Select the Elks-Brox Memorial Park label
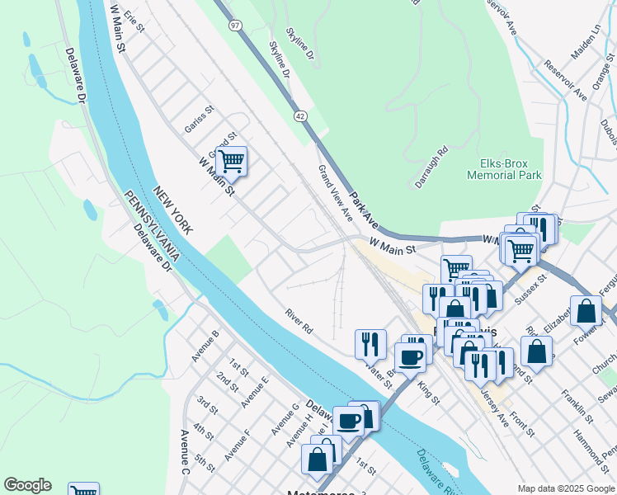[x=504, y=169]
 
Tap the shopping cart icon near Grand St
[x=232, y=160]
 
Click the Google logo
[x=27, y=485]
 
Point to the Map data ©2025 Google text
[x=565, y=488]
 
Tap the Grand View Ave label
[x=336, y=193]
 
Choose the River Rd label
[x=299, y=321]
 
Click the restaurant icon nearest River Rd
[x=370, y=342]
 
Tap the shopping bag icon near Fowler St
[x=586, y=311]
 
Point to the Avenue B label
[x=205, y=346]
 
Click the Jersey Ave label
[x=495, y=405]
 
